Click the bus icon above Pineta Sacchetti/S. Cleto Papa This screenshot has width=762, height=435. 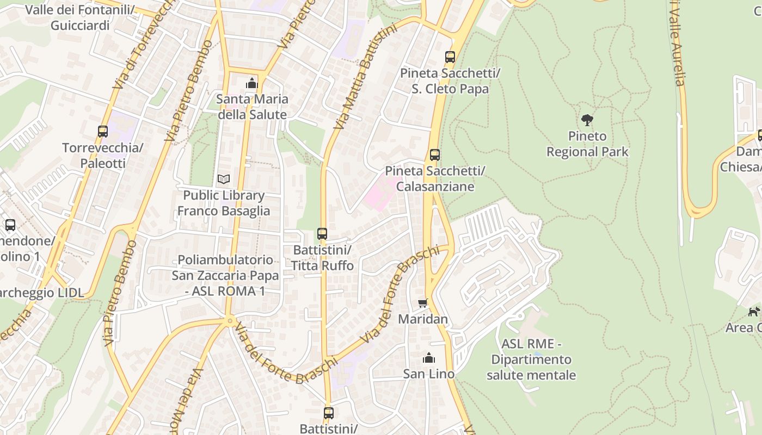pyautogui.click(x=450, y=57)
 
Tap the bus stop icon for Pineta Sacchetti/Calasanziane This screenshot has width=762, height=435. pyautogui.click(x=434, y=155)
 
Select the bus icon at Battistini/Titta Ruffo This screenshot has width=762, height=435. pyautogui.click(x=322, y=234)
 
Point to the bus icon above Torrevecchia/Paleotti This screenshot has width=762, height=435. pyautogui.click(x=102, y=131)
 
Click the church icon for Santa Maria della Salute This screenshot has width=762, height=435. pyautogui.click(x=251, y=83)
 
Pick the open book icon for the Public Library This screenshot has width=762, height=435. pyautogui.click(x=223, y=179)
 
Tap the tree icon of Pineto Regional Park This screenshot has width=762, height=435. pyautogui.click(x=587, y=120)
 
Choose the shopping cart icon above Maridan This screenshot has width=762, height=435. pyautogui.click(x=423, y=303)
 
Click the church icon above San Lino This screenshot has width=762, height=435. pyautogui.click(x=429, y=358)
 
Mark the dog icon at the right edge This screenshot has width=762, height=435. pyautogui.click(x=754, y=312)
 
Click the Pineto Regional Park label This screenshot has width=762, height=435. pyautogui.click(x=587, y=144)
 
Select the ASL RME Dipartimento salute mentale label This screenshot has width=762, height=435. pyautogui.click(x=531, y=359)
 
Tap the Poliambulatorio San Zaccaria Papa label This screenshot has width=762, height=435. pyautogui.click(x=225, y=275)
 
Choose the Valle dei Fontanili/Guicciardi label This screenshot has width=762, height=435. pyautogui.click(x=80, y=17)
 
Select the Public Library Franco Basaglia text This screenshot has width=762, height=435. pyautogui.click(x=223, y=203)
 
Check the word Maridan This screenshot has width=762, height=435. pyautogui.click(x=423, y=319)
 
